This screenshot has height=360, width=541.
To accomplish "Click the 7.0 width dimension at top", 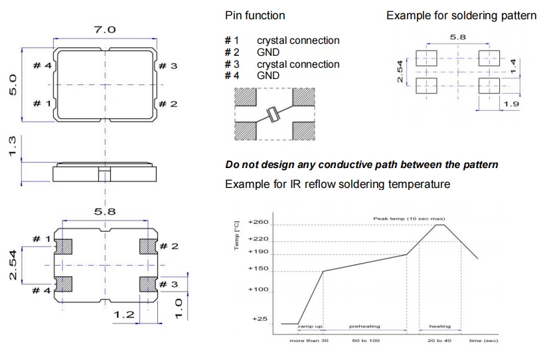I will pos(106,29).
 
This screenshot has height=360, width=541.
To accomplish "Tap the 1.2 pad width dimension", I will pos(125,314).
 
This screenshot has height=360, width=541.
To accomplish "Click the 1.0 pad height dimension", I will pos(178,308).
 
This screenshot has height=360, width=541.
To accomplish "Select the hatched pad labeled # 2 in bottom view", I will pos(147,246).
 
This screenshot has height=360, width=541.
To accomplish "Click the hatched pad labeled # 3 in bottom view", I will pos(147,284).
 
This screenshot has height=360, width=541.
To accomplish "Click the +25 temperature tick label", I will pos(260,319).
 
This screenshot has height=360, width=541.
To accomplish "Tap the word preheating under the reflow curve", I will pos(364,327).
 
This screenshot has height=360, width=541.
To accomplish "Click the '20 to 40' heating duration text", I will pos(440,340).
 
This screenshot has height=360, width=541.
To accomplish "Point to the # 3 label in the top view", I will pos(169,66).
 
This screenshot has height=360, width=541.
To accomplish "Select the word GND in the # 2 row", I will pos(268,52).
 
